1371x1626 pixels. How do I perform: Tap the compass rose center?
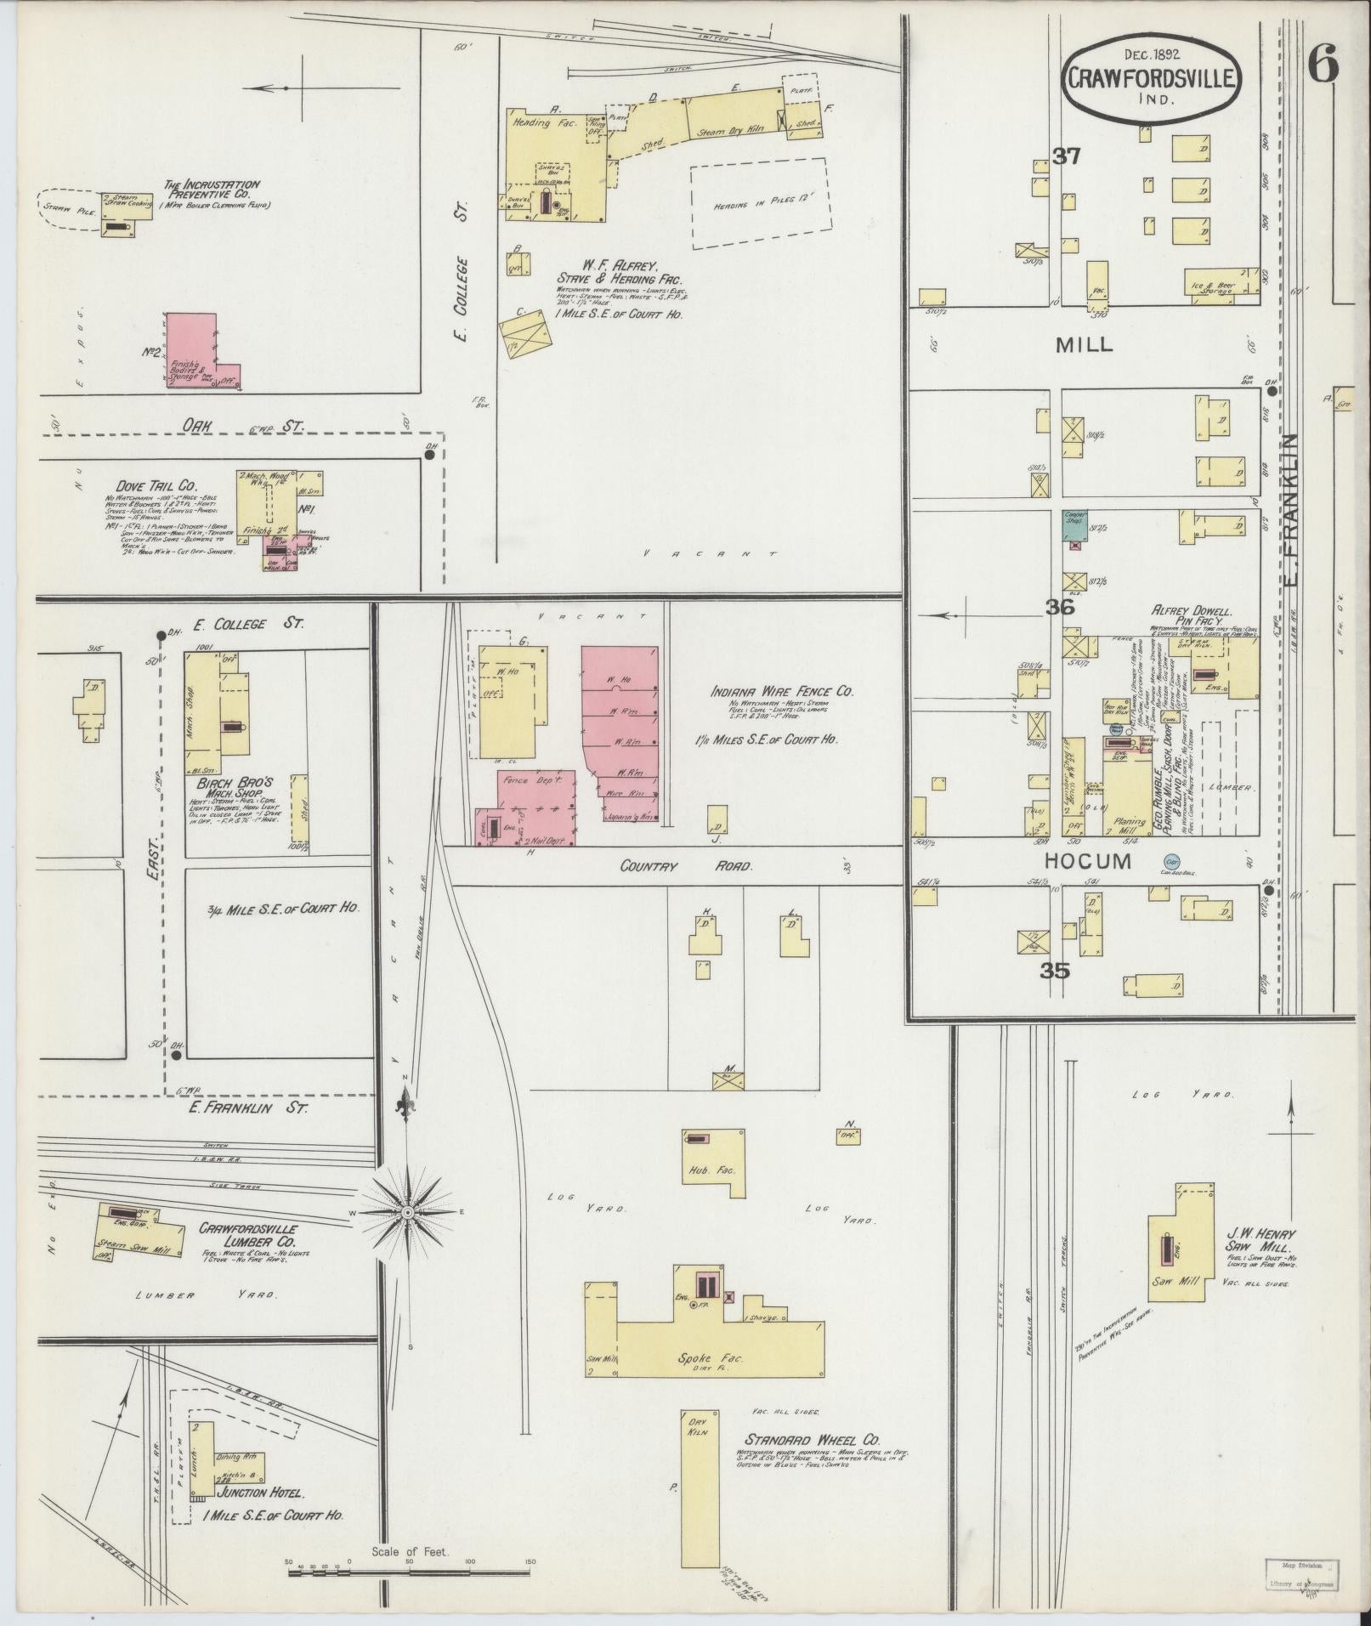tap(408, 1210)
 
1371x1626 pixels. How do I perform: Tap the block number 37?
tap(1066, 156)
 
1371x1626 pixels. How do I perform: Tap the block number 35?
tap(1055, 971)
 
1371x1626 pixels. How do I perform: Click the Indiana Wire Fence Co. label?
tap(782, 691)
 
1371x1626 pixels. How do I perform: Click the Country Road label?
tap(686, 866)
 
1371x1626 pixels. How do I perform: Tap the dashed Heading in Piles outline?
tap(759, 204)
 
